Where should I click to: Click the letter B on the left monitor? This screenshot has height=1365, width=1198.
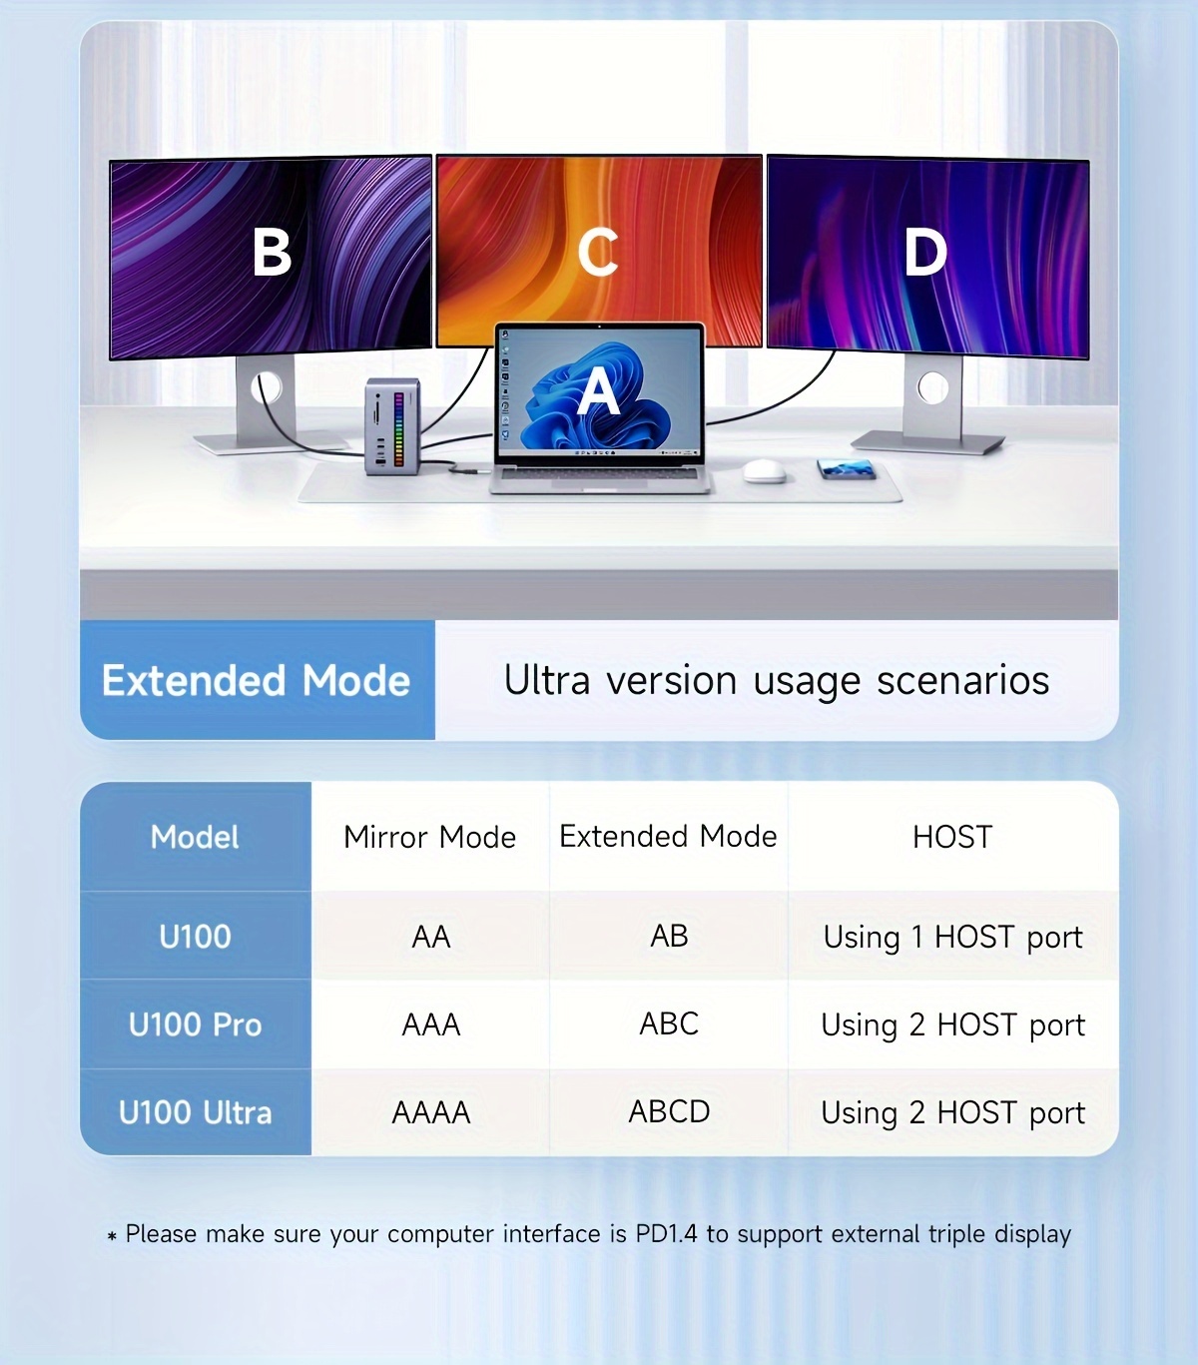pyautogui.click(x=272, y=252)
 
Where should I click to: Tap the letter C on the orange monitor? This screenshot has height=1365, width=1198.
pyautogui.click(x=598, y=252)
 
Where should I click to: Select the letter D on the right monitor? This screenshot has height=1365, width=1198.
pyautogui.click(x=925, y=252)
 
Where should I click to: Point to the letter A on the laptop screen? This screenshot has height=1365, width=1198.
pyautogui.click(x=598, y=391)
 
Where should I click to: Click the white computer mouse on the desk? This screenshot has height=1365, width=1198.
pyautogui.click(x=765, y=470)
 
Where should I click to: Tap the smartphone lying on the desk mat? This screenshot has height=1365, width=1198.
pyautogui.click(x=847, y=468)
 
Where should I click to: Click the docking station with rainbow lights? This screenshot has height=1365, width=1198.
pyautogui.click(x=392, y=425)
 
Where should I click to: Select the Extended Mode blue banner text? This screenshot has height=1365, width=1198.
pyautogui.click(x=256, y=680)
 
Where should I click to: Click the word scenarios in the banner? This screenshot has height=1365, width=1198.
pyautogui.click(x=962, y=680)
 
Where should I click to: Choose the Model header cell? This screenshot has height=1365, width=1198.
pyautogui.click(x=195, y=837)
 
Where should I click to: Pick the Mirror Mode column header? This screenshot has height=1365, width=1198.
pyautogui.click(x=430, y=837)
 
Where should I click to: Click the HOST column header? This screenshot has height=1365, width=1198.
pyautogui.click(x=952, y=837)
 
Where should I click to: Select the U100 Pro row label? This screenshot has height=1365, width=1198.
pyautogui.click(x=195, y=1024)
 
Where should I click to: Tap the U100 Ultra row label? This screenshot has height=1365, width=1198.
pyautogui.click(x=195, y=1112)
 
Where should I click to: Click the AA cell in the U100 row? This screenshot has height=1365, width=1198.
pyautogui.click(x=431, y=937)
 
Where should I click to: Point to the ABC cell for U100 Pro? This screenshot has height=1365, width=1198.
pyautogui.click(x=669, y=1024)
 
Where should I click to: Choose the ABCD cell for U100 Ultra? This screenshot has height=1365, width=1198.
pyautogui.click(x=669, y=1111)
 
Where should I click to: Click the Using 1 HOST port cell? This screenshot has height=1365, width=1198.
pyautogui.click(x=952, y=938)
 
